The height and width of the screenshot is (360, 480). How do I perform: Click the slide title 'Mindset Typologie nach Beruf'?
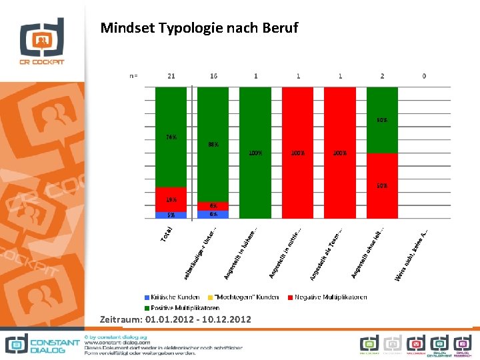pos(199,28)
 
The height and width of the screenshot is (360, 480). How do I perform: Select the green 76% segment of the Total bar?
pos(171,137)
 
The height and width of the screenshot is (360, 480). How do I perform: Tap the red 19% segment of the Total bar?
pos(171,199)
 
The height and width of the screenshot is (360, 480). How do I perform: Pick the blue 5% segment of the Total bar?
pos(171,215)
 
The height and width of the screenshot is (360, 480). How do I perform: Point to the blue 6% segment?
pos(213,215)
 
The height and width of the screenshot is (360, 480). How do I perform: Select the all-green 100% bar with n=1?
pos(255,153)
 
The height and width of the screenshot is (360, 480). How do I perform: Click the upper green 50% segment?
pos(382,120)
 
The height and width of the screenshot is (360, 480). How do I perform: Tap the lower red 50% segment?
pos(382,185)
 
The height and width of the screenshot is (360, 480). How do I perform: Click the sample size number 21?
pos(171,76)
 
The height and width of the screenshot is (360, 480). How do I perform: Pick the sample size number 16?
pos(213,76)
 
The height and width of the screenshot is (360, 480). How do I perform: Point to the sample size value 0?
pos(424,76)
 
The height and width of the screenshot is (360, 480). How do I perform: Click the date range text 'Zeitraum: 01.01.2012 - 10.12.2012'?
pos(175,320)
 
